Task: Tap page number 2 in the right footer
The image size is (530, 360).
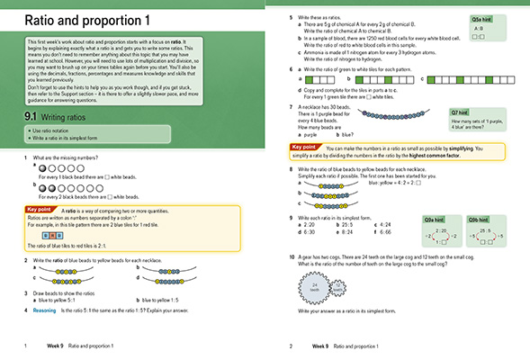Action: point(292,346)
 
